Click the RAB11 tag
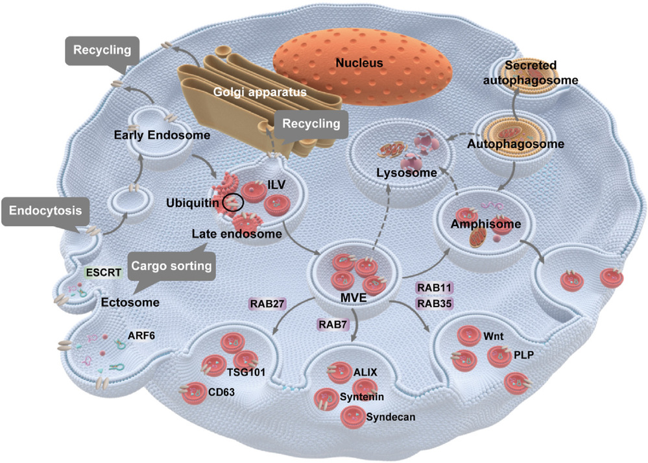pos(433,287)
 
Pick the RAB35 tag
pos(433,303)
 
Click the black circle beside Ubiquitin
pos(232,203)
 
